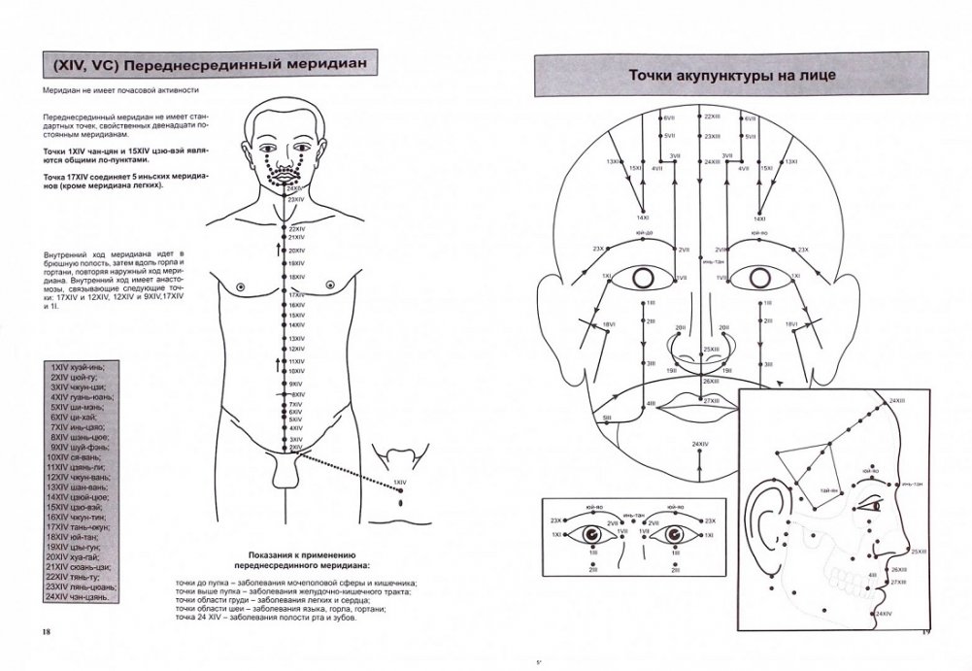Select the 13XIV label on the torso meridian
tap(297, 338)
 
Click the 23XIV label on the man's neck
tap(296, 199)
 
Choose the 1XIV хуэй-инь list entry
tap(77, 368)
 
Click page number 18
tap(46, 632)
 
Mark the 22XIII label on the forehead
tap(712, 117)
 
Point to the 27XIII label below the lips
tap(711, 401)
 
